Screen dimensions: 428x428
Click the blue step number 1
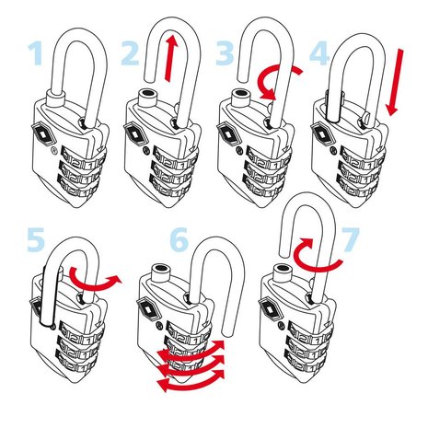36,53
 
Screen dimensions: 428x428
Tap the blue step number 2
130,53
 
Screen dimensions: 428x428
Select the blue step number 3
225,53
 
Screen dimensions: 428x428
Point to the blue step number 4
319,54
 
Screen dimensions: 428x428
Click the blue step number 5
36,239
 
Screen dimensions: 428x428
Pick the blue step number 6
179,239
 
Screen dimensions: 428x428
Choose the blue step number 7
350,239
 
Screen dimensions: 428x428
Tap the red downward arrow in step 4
395,82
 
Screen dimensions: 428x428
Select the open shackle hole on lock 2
146,93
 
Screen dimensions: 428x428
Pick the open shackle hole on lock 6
161,268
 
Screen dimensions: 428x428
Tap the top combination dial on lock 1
84,158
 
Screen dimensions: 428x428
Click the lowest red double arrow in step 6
191,381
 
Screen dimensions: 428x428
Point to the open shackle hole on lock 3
241,93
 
